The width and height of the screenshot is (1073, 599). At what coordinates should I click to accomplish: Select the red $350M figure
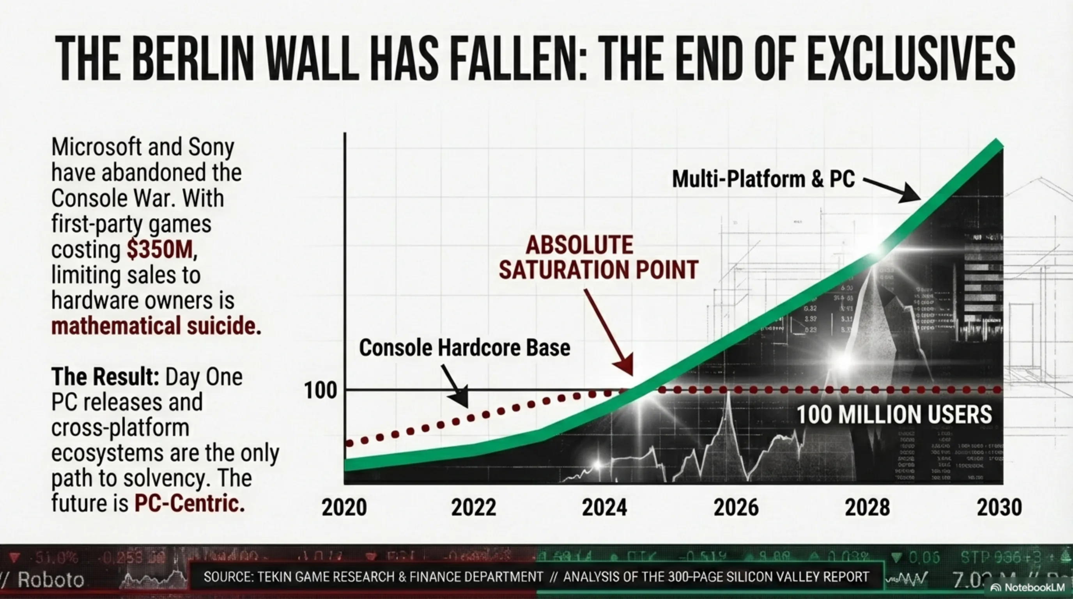[160, 250]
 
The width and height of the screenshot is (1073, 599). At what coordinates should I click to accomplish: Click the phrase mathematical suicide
[156, 326]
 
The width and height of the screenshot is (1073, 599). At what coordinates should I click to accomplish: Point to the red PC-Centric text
[189, 503]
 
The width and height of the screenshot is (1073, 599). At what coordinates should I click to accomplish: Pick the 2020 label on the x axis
[344, 507]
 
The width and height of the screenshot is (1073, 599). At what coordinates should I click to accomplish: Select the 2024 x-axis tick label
[604, 507]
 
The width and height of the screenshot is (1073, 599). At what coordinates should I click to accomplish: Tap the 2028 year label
[867, 507]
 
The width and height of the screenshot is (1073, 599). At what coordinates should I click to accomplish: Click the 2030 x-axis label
[999, 507]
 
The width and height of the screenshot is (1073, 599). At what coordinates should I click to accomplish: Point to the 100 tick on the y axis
[320, 391]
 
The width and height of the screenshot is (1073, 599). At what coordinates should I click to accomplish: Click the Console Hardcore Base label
[464, 348]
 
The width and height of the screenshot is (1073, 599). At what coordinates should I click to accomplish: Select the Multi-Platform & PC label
[763, 179]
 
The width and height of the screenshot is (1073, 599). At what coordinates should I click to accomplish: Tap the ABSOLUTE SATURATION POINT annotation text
[598, 257]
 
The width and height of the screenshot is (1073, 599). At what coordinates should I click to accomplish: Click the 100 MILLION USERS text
[894, 415]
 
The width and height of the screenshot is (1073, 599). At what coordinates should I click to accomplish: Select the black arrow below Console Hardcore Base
[455, 386]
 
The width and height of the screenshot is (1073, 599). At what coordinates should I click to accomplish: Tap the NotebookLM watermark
[1029, 588]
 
